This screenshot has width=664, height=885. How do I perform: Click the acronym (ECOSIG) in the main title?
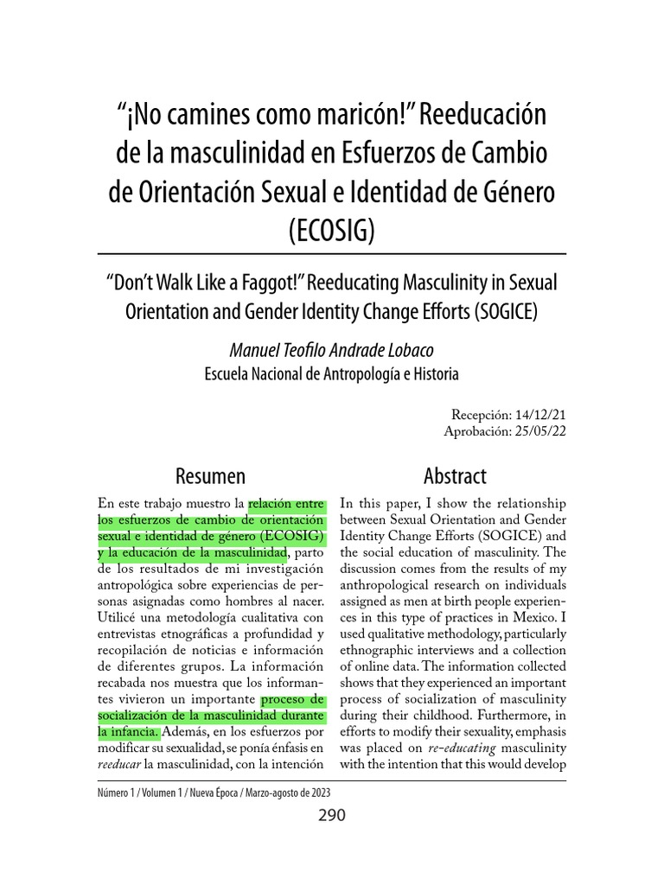point(332,231)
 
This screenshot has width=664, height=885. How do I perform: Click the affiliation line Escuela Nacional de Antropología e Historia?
point(332,374)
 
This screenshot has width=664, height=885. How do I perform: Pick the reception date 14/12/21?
point(538,415)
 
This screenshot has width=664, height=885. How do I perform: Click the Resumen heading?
point(210,476)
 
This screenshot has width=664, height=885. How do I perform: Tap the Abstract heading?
point(455,476)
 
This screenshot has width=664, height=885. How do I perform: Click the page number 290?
point(331,816)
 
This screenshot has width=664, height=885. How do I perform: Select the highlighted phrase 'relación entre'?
point(286,504)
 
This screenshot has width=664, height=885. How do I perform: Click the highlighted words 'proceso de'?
point(293,697)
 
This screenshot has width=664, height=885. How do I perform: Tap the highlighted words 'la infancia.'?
point(129,731)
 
